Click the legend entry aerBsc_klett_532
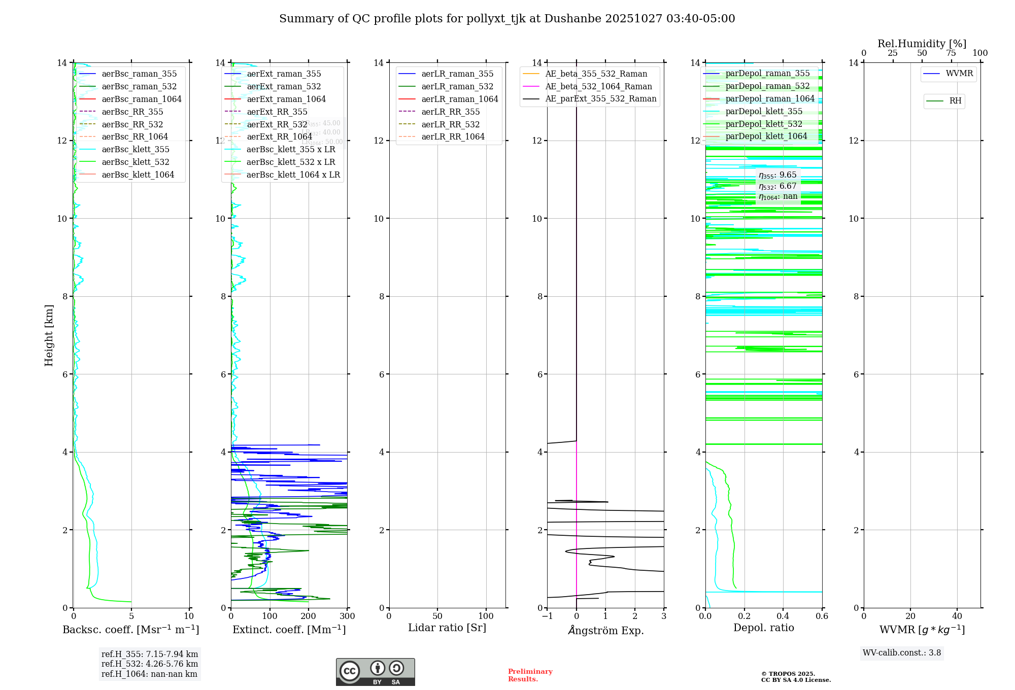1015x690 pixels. pos(135,162)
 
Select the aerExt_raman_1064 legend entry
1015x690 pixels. pos(286,99)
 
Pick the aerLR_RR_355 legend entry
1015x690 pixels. pos(450,112)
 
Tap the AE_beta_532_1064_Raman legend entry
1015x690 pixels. pos(598,87)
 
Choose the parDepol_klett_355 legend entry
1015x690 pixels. pos(764,112)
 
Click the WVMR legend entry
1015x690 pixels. pos(959,74)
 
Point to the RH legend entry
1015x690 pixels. pos(955,101)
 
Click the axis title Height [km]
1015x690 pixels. pos(49,335)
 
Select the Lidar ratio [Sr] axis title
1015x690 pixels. pos(447,628)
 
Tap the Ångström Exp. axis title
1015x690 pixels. pos(605,630)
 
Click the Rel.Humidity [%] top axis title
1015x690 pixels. pos(922,44)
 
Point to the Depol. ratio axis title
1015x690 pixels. pos(763,628)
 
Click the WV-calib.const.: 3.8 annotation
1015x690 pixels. pos(902,653)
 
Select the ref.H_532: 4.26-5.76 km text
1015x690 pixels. pos(150,664)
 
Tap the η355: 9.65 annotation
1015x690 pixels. pos(777,175)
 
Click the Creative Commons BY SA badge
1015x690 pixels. pos(375,672)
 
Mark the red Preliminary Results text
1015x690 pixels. pos(530,675)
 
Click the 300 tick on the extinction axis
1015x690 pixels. pos(348,616)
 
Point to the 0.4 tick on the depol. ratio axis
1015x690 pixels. pos(783,616)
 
